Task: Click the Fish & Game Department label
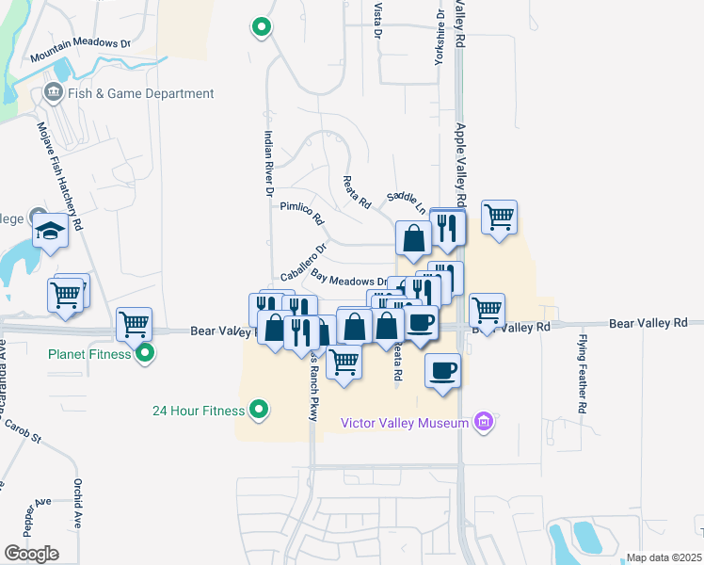click(x=140, y=94)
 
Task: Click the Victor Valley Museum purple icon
click(x=485, y=422)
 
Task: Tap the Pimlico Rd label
click(x=302, y=212)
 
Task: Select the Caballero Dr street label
click(x=303, y=263)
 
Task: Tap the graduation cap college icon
click(x=49, y=230)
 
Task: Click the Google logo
click(x=31, y=553)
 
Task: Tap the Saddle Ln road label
click(x=407, y=199)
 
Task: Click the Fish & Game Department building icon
click(x=53, y=93)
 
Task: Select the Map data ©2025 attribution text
click(x=664, y=557)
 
